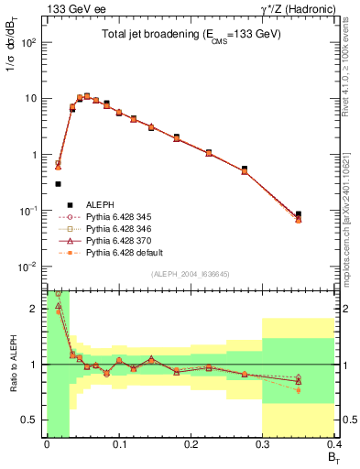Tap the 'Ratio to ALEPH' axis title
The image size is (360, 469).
[13, 364]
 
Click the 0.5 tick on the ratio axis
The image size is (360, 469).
[35, 420]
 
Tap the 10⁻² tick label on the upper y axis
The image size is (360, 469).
[30, 267]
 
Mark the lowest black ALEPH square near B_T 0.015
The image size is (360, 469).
[58, 184]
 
